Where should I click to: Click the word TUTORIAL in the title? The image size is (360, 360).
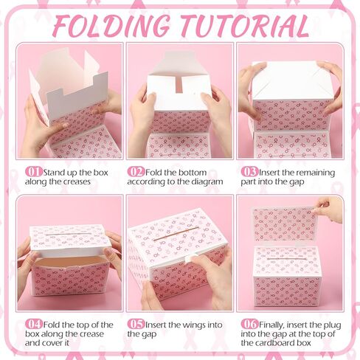240,26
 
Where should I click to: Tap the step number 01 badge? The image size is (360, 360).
34,172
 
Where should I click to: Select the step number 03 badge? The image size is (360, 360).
249,172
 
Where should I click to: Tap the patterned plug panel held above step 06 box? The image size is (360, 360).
284,223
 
